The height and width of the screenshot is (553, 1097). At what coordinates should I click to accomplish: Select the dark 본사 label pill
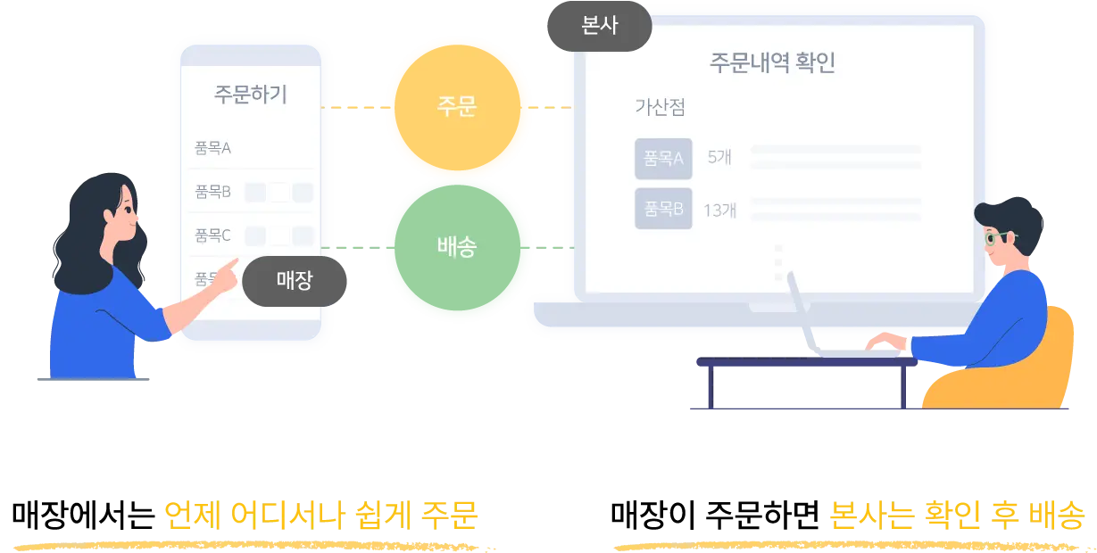(x=597, y=28)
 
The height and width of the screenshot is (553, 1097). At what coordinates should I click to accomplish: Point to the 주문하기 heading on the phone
(x=251, y=95)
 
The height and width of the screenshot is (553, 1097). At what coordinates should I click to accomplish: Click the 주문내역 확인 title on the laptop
(x=772, y=63)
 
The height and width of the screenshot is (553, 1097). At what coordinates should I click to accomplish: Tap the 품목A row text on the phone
(x=213, y=148)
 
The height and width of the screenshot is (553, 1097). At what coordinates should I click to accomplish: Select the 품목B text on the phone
(x=213, y=192)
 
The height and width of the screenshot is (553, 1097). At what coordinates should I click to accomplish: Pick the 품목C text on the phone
(x=213, y=235)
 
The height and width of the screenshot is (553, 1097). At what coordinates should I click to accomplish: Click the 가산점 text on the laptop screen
(x=660, y=107)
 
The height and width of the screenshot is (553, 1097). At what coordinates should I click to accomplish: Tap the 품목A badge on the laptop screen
(x=663, y=158)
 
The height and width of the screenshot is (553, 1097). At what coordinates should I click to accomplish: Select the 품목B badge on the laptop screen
(x=663, y=210)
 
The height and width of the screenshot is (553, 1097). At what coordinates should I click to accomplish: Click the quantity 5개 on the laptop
(x=719, y=158)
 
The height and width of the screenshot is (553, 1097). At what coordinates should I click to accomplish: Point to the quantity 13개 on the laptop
(x=719, y=210)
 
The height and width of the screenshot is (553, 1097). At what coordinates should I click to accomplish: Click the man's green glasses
(x=995, y=238)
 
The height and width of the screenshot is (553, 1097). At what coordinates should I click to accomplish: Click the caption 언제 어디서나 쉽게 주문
(x=321, y=516)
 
